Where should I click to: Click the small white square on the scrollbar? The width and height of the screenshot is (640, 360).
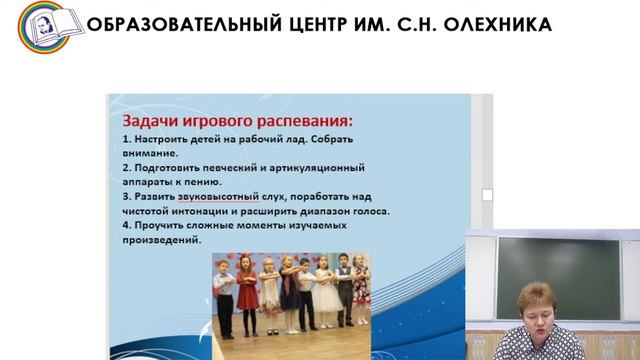click(x=487, y=195)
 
